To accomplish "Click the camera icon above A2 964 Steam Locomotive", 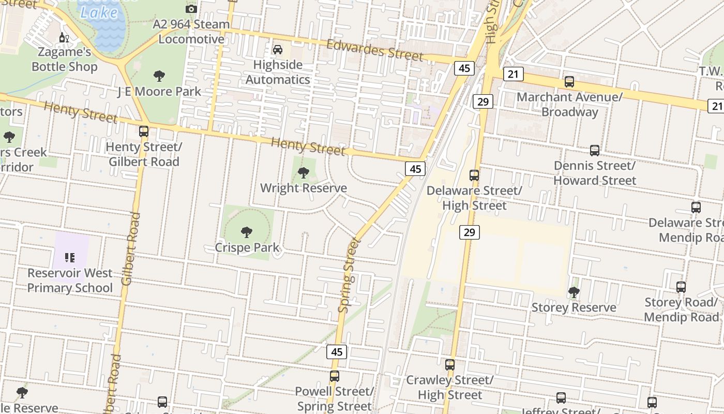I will [x=191, y=9].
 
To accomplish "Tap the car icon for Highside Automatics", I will [x=278, y=50].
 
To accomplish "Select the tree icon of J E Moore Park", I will [x=159, y=76].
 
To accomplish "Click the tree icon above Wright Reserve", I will [x=304, y=173].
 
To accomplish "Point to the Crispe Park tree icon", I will [x=247, y=232].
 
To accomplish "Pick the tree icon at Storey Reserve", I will [x=574, y=292].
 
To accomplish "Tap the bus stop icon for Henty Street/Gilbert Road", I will [x=144, y=131].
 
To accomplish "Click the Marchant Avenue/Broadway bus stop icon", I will [x=569, y=82].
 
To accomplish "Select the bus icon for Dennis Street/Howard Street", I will [x=595, y=151].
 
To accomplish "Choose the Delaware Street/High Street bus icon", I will [x=474, y=175].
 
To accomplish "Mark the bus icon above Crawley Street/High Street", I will [x=450, y=365].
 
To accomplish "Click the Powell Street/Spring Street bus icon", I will [x=335, y=376].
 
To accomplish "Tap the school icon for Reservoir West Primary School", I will [x=70, y=258].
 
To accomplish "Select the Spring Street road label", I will [x=348, y=275].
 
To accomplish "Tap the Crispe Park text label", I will [x=247, y=248].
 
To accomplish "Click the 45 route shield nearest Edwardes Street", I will [x=464, y=68].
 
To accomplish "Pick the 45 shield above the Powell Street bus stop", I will [x=337, y=352].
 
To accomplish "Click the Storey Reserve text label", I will [x=574, y=307].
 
